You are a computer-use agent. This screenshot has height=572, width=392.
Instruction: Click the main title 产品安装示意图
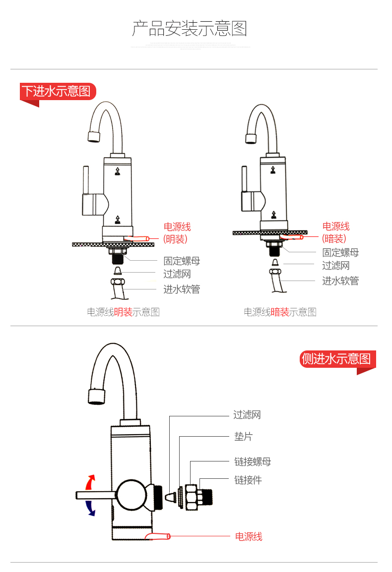(x=189, y=29)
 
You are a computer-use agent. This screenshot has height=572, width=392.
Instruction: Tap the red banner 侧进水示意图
(x=336, y=358)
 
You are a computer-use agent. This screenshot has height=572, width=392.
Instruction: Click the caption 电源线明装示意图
(x=123, y=312)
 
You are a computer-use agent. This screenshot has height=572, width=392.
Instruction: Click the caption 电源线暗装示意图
(x=280, y=312)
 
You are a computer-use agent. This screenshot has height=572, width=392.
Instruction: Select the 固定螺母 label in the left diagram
(x=182, y=261)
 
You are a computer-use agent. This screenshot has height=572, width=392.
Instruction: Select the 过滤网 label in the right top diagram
(x=335, y=266)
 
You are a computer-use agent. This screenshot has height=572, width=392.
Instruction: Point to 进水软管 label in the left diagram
(x=182, y=289)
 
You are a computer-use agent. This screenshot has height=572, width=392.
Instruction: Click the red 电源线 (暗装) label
(x=335, y=232)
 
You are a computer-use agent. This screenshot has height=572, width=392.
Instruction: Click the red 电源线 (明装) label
(x=177, y=233)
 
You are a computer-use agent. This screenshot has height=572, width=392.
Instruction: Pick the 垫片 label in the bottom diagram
(x=243, y=437)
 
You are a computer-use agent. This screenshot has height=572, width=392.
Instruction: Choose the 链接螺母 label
(x=253, y=462)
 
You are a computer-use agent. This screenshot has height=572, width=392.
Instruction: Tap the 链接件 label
(x=248, y=480)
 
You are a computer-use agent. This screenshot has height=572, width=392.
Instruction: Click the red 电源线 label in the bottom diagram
(x=248, y=536)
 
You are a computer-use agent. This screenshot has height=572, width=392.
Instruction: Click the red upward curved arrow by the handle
(x=90, y=482)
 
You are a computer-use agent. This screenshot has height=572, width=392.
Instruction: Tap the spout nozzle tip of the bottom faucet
(x=96, y=396)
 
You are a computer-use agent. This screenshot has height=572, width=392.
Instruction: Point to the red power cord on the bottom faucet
(x=157, y=536)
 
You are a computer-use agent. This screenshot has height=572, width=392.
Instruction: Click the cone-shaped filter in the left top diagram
(x=118, y=270)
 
